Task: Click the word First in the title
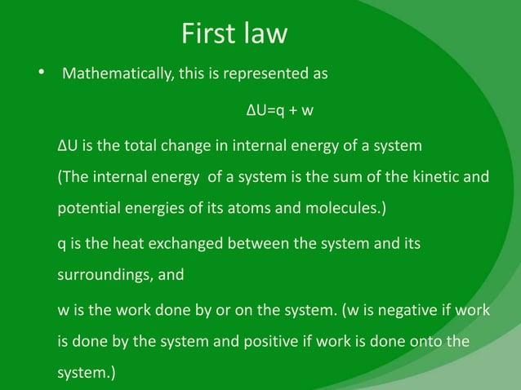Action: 207,33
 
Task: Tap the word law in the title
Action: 265,33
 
